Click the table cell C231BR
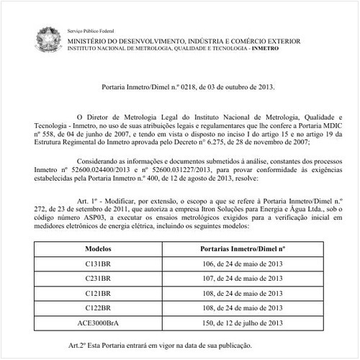97,278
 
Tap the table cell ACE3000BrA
97,323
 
